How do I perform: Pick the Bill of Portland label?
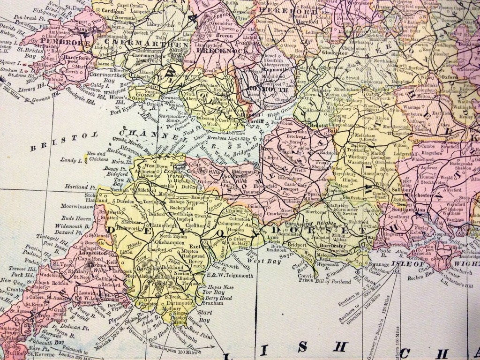click(333, 282)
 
